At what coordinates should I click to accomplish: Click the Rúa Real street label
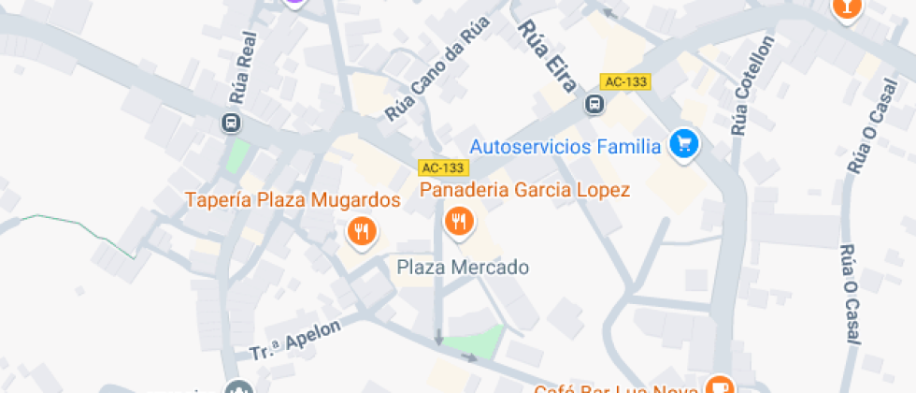click(x=242, y=76)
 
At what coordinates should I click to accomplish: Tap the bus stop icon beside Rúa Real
click(x=230, y=123)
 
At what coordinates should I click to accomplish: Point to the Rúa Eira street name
click(x=551, y=56)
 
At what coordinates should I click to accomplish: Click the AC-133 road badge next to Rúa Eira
click(x=625, y=81)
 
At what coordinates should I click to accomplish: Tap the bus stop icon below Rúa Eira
click(x=594, y=104)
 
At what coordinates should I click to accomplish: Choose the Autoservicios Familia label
click(x=565, y=146)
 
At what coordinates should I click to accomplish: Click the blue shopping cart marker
click(x=685, y=144)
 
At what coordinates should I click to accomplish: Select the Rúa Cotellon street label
click(x=753, y=85)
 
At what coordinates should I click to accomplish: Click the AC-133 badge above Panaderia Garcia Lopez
click(x=442, y=167)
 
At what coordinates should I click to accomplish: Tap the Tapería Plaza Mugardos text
click(x=293, y=200)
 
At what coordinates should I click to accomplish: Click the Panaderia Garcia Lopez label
click(x=524, y=190)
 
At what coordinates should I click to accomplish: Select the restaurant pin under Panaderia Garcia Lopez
click(x=458, y=221)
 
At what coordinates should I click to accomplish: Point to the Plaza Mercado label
click(x=463, y=268)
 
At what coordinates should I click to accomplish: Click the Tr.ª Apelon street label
click(x=295, y=340)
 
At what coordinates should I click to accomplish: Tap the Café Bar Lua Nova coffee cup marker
click(x=719, y=386)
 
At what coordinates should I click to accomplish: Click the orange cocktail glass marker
click(x=846, y=7)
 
